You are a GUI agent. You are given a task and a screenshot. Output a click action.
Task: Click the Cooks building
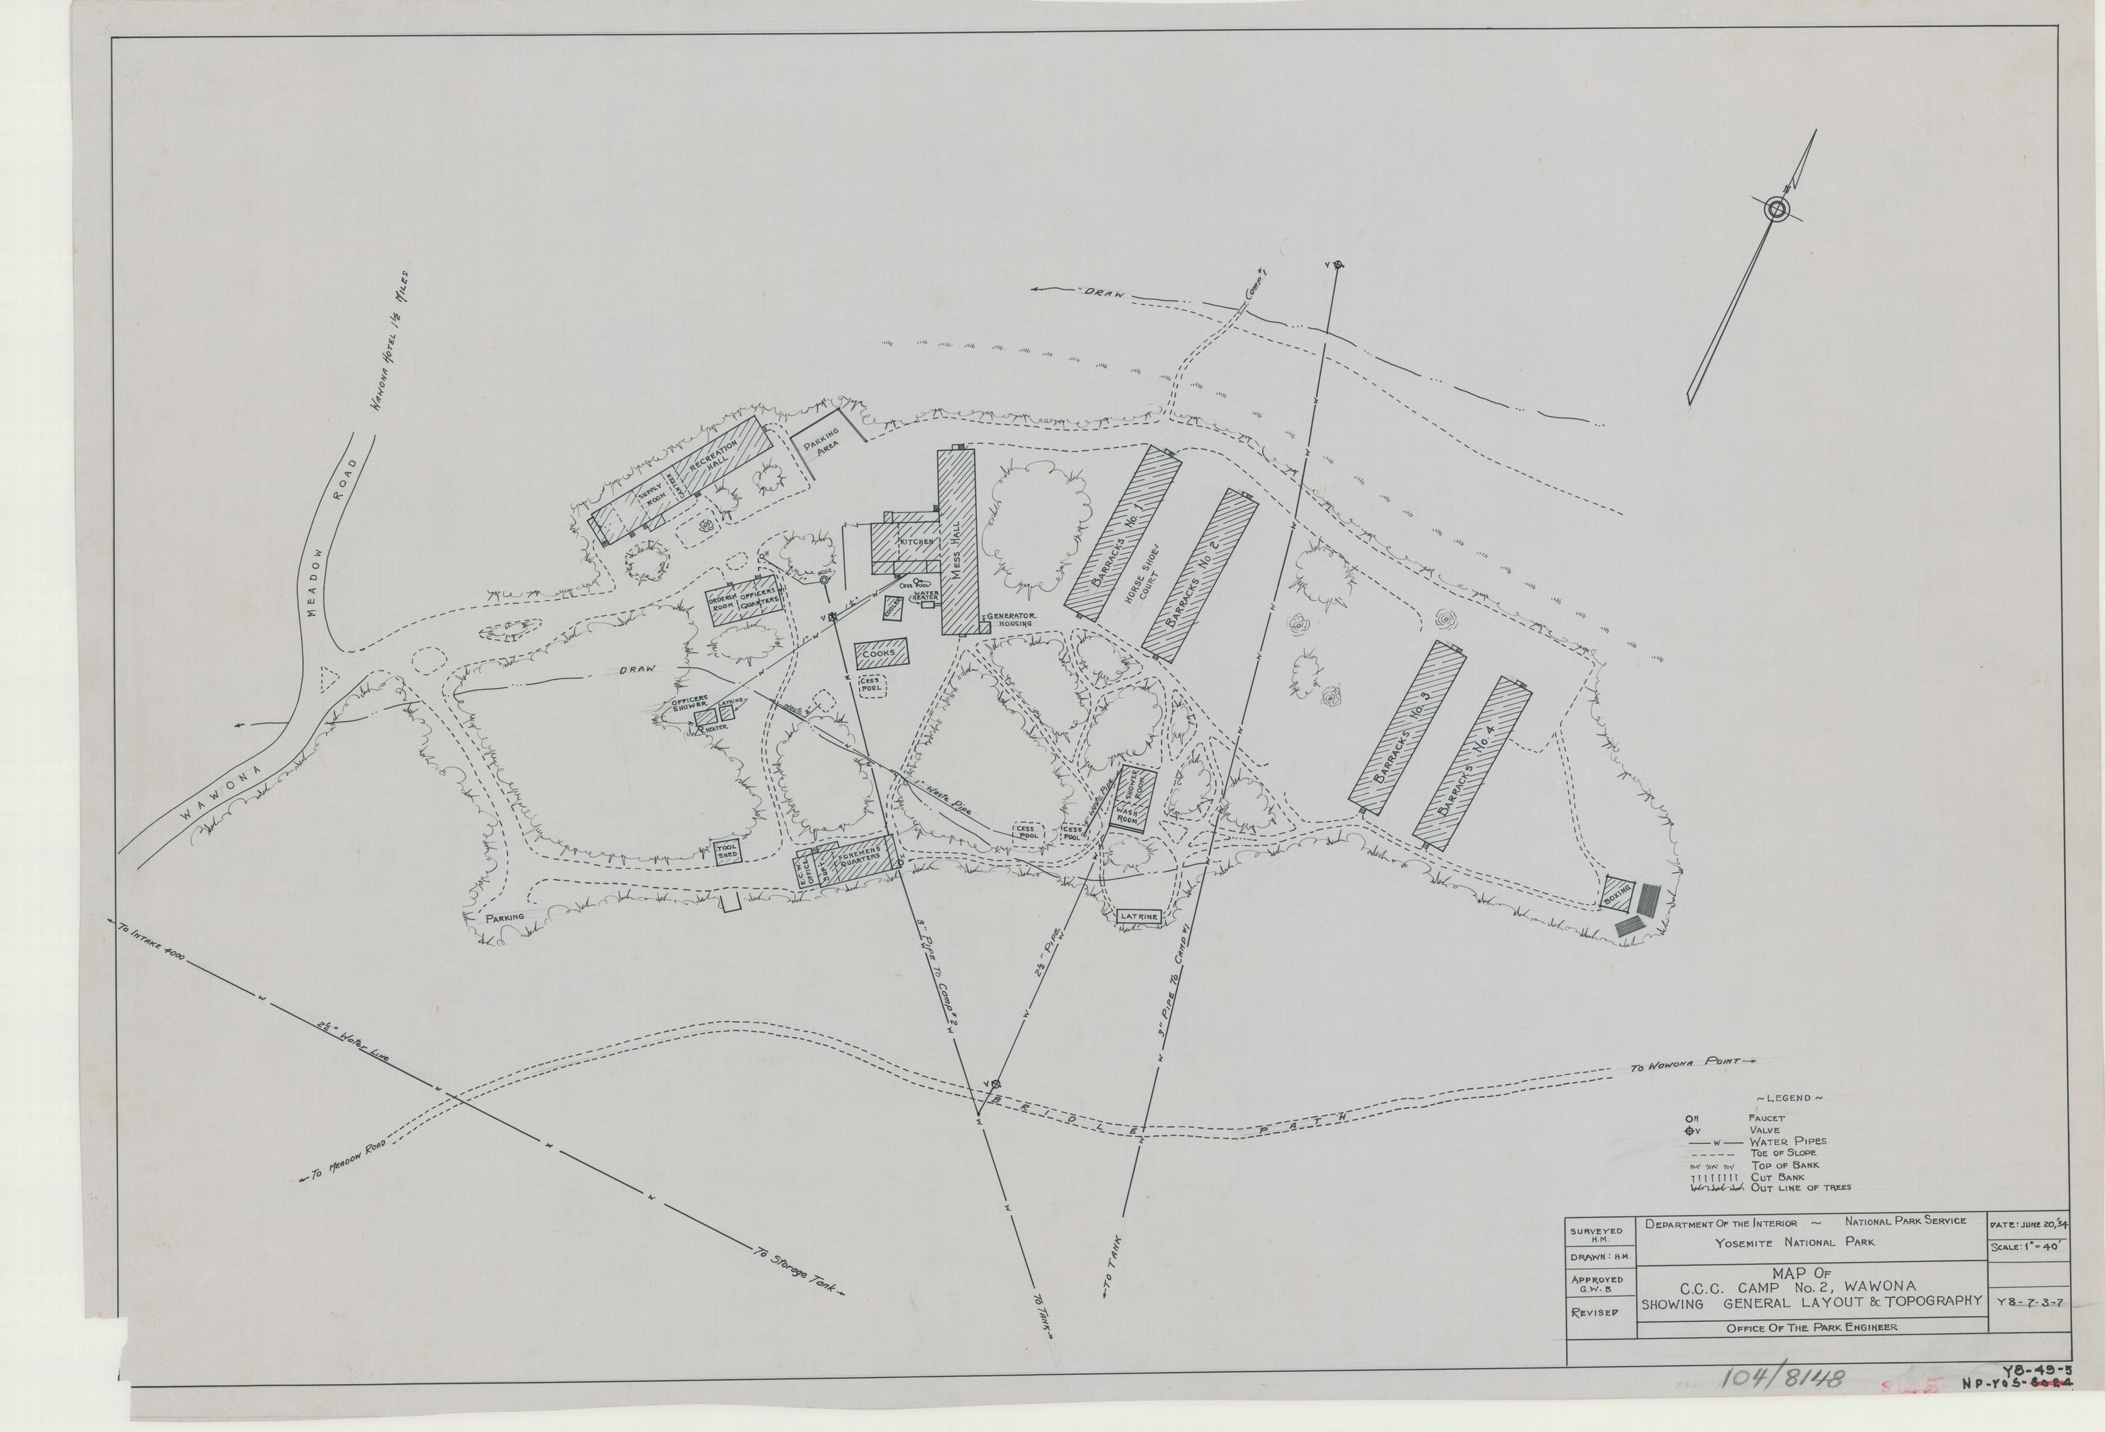point(880,653)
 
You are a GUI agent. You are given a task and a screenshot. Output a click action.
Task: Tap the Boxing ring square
point(1617,895)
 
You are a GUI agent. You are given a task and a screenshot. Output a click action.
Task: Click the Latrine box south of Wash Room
point(1139,916)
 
